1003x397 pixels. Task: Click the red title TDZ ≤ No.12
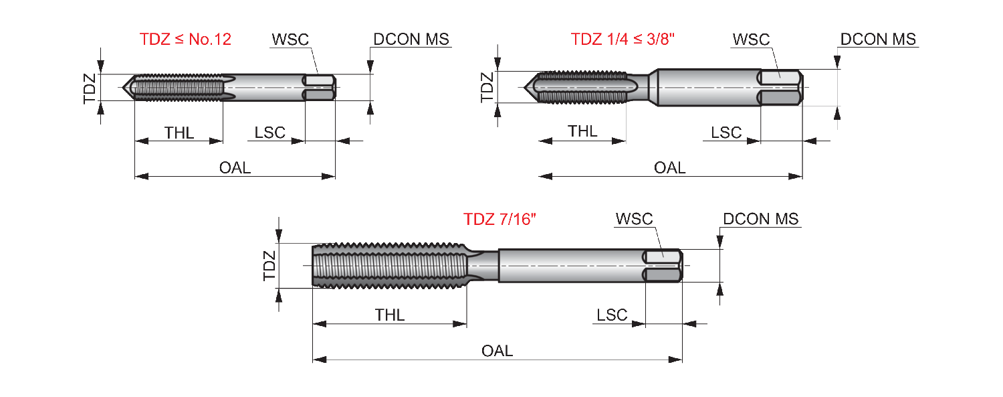pos(185,39)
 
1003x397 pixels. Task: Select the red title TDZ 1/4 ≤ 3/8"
pos(623,39)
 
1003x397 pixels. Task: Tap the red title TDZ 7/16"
pos(499,219)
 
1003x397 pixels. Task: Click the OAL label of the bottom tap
pos(497,351)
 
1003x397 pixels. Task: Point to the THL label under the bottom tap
pos(390,315)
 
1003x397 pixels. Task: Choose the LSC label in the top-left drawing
pos(269,133)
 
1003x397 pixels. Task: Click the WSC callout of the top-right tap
pos(751,39)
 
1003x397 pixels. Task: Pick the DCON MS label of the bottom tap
pos(761,219)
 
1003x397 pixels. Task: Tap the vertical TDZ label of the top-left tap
pos(90,88)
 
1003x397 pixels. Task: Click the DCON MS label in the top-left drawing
pos(411,39)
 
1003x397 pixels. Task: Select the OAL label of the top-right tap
pos(669,168)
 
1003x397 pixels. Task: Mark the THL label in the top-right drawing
pos(582,131)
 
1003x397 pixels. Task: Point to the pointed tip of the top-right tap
pos(525,88)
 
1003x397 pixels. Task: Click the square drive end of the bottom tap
pos(663,266)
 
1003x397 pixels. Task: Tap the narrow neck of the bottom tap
pos(483,266)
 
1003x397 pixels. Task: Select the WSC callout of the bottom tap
pos(634,219)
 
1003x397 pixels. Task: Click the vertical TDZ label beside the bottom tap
pos(269,266)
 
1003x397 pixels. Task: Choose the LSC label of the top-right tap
pos(726,133)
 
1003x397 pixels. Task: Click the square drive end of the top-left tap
pos(320,88)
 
